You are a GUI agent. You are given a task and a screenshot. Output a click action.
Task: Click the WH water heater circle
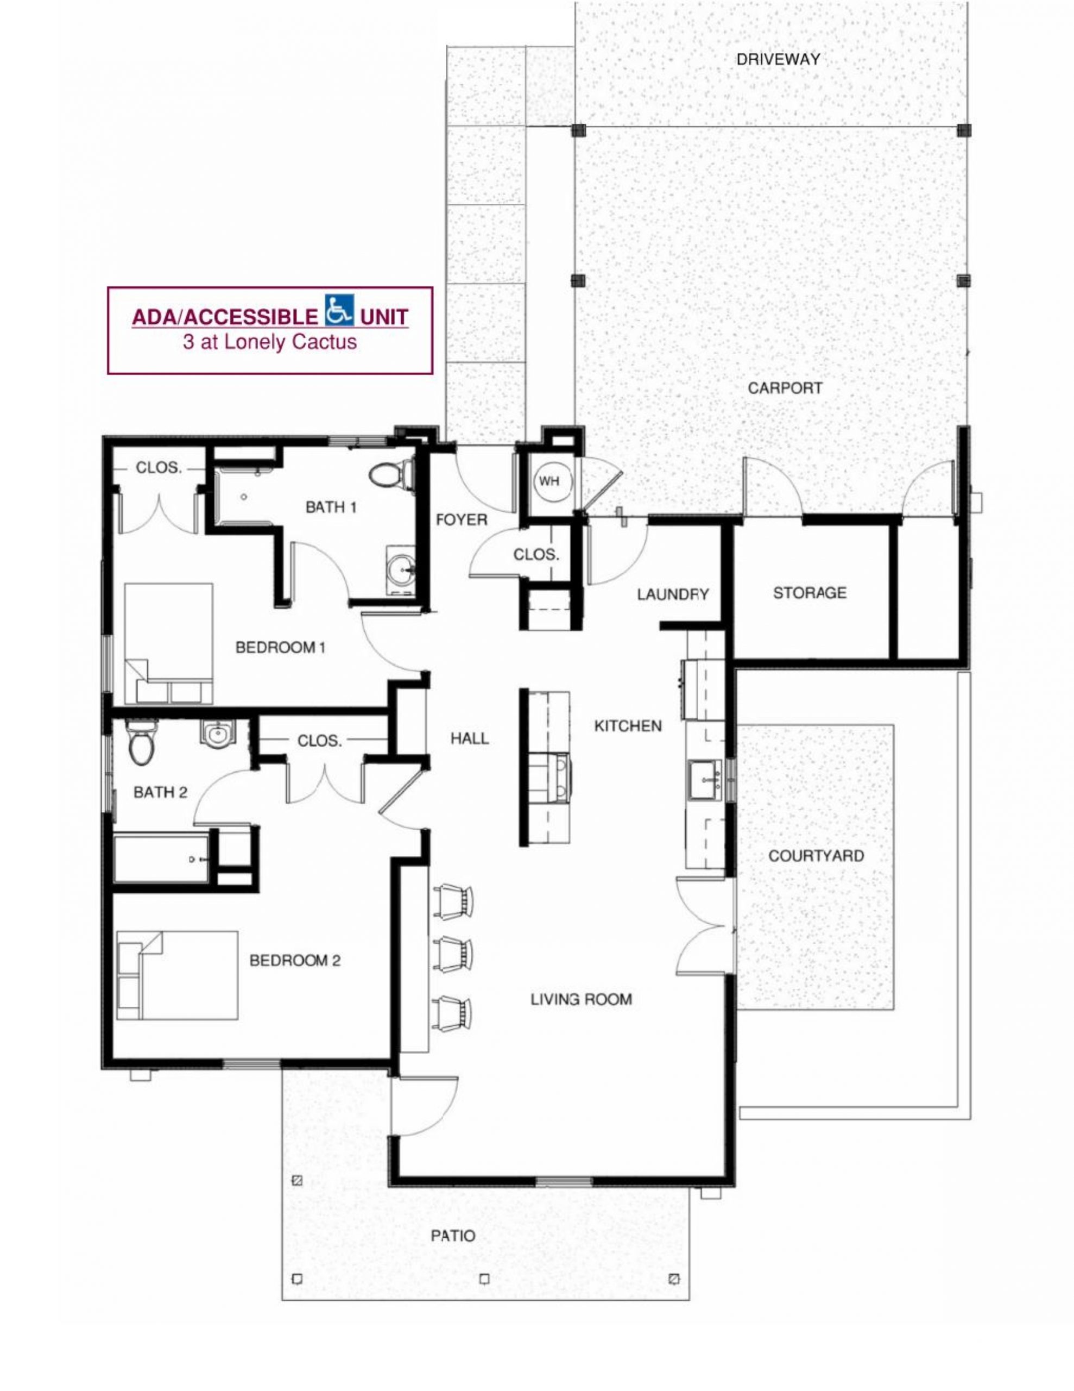[549, 481]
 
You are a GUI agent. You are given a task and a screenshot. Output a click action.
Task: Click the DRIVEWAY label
[778, 59]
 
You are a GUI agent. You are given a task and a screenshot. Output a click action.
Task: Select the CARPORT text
[785, 388]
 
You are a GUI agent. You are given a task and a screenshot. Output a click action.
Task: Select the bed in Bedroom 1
[168, 643]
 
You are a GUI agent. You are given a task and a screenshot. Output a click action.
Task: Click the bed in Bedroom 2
[177, 975]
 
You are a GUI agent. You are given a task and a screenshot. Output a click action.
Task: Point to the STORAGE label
[810, 593]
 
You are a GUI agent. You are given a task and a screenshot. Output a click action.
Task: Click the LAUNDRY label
[673, 594]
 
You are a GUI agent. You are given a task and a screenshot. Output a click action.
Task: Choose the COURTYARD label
[816, 856]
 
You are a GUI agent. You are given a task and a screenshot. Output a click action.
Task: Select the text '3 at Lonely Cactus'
[270, 343]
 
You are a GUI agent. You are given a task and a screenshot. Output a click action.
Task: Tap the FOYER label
[462, 519]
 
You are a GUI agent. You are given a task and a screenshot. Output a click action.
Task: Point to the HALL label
[470, 739]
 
